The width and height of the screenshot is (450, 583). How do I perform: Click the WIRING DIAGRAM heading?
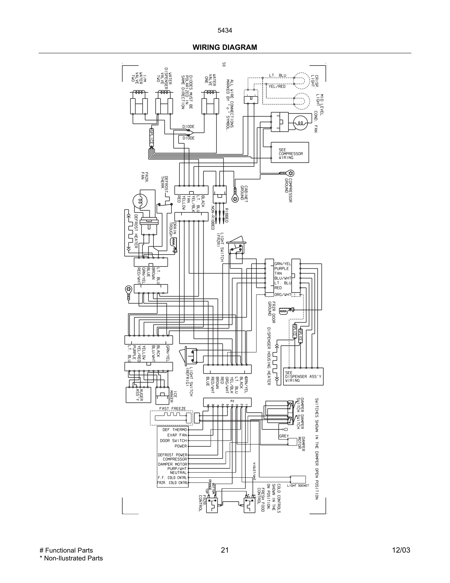pyautogui.click(x=225, y=47)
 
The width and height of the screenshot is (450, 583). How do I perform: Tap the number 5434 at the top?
pyautogui.click(x=225, y=31)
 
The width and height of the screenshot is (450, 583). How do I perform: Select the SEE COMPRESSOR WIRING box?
pyautogui.click(x=290, y=152)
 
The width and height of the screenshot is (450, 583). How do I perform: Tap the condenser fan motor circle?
pyautogui.click(x=300, y=123)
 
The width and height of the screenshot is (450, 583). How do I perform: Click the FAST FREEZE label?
pyautogui.click(x=173, y=409)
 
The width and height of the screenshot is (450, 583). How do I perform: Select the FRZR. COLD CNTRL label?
pyautogui.click(x=173, y=483)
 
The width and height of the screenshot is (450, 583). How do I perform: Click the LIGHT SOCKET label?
pyautogui.click(x=298, y=486)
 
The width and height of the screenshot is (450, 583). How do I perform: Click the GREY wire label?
pyautogui.click(x=284, y=436)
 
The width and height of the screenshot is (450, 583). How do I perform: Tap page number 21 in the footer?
pyautogui.click(x=225, y=550)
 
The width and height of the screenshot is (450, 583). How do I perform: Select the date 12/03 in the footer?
pyautogui.click(x=401, y=550)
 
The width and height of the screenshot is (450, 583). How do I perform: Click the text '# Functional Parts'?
pyautogui.click(x=66, y=550)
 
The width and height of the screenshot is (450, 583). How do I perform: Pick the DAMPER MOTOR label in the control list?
pyautogui.click(x=173, y=464)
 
